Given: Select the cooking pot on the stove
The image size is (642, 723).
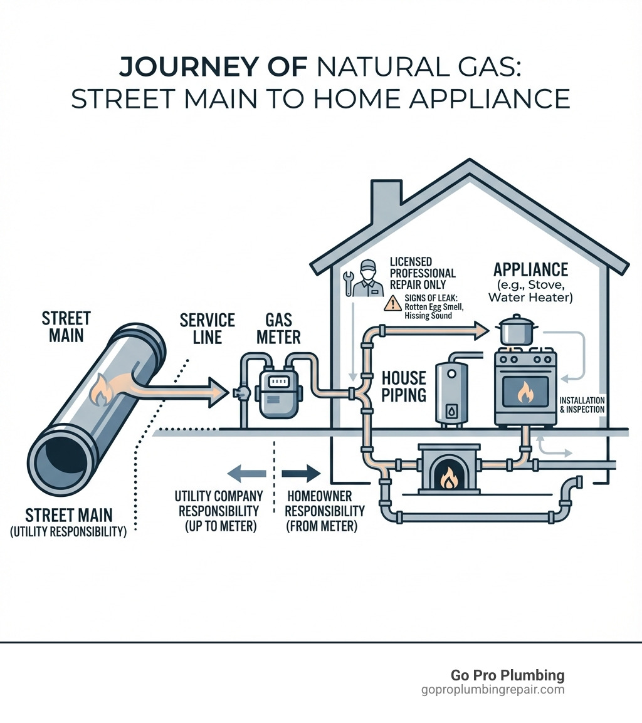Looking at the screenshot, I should coord(517,330).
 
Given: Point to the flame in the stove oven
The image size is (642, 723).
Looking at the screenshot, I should coord(524,393).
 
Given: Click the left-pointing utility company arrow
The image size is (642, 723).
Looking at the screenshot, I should coord(245,473).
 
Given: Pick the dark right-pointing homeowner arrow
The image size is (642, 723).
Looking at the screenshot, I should coord(301,473).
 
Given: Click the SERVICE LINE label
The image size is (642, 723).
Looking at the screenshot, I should coord(207,328).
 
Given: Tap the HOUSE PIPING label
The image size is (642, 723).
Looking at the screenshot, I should coord(404,386).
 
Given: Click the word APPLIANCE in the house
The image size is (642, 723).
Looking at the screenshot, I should coord(530,269).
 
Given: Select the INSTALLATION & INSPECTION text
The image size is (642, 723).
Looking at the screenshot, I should coord(582,405).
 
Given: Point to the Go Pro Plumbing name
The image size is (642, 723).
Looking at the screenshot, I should coord(507,675).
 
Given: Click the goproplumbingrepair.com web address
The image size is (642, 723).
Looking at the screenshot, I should coord(493,690).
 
